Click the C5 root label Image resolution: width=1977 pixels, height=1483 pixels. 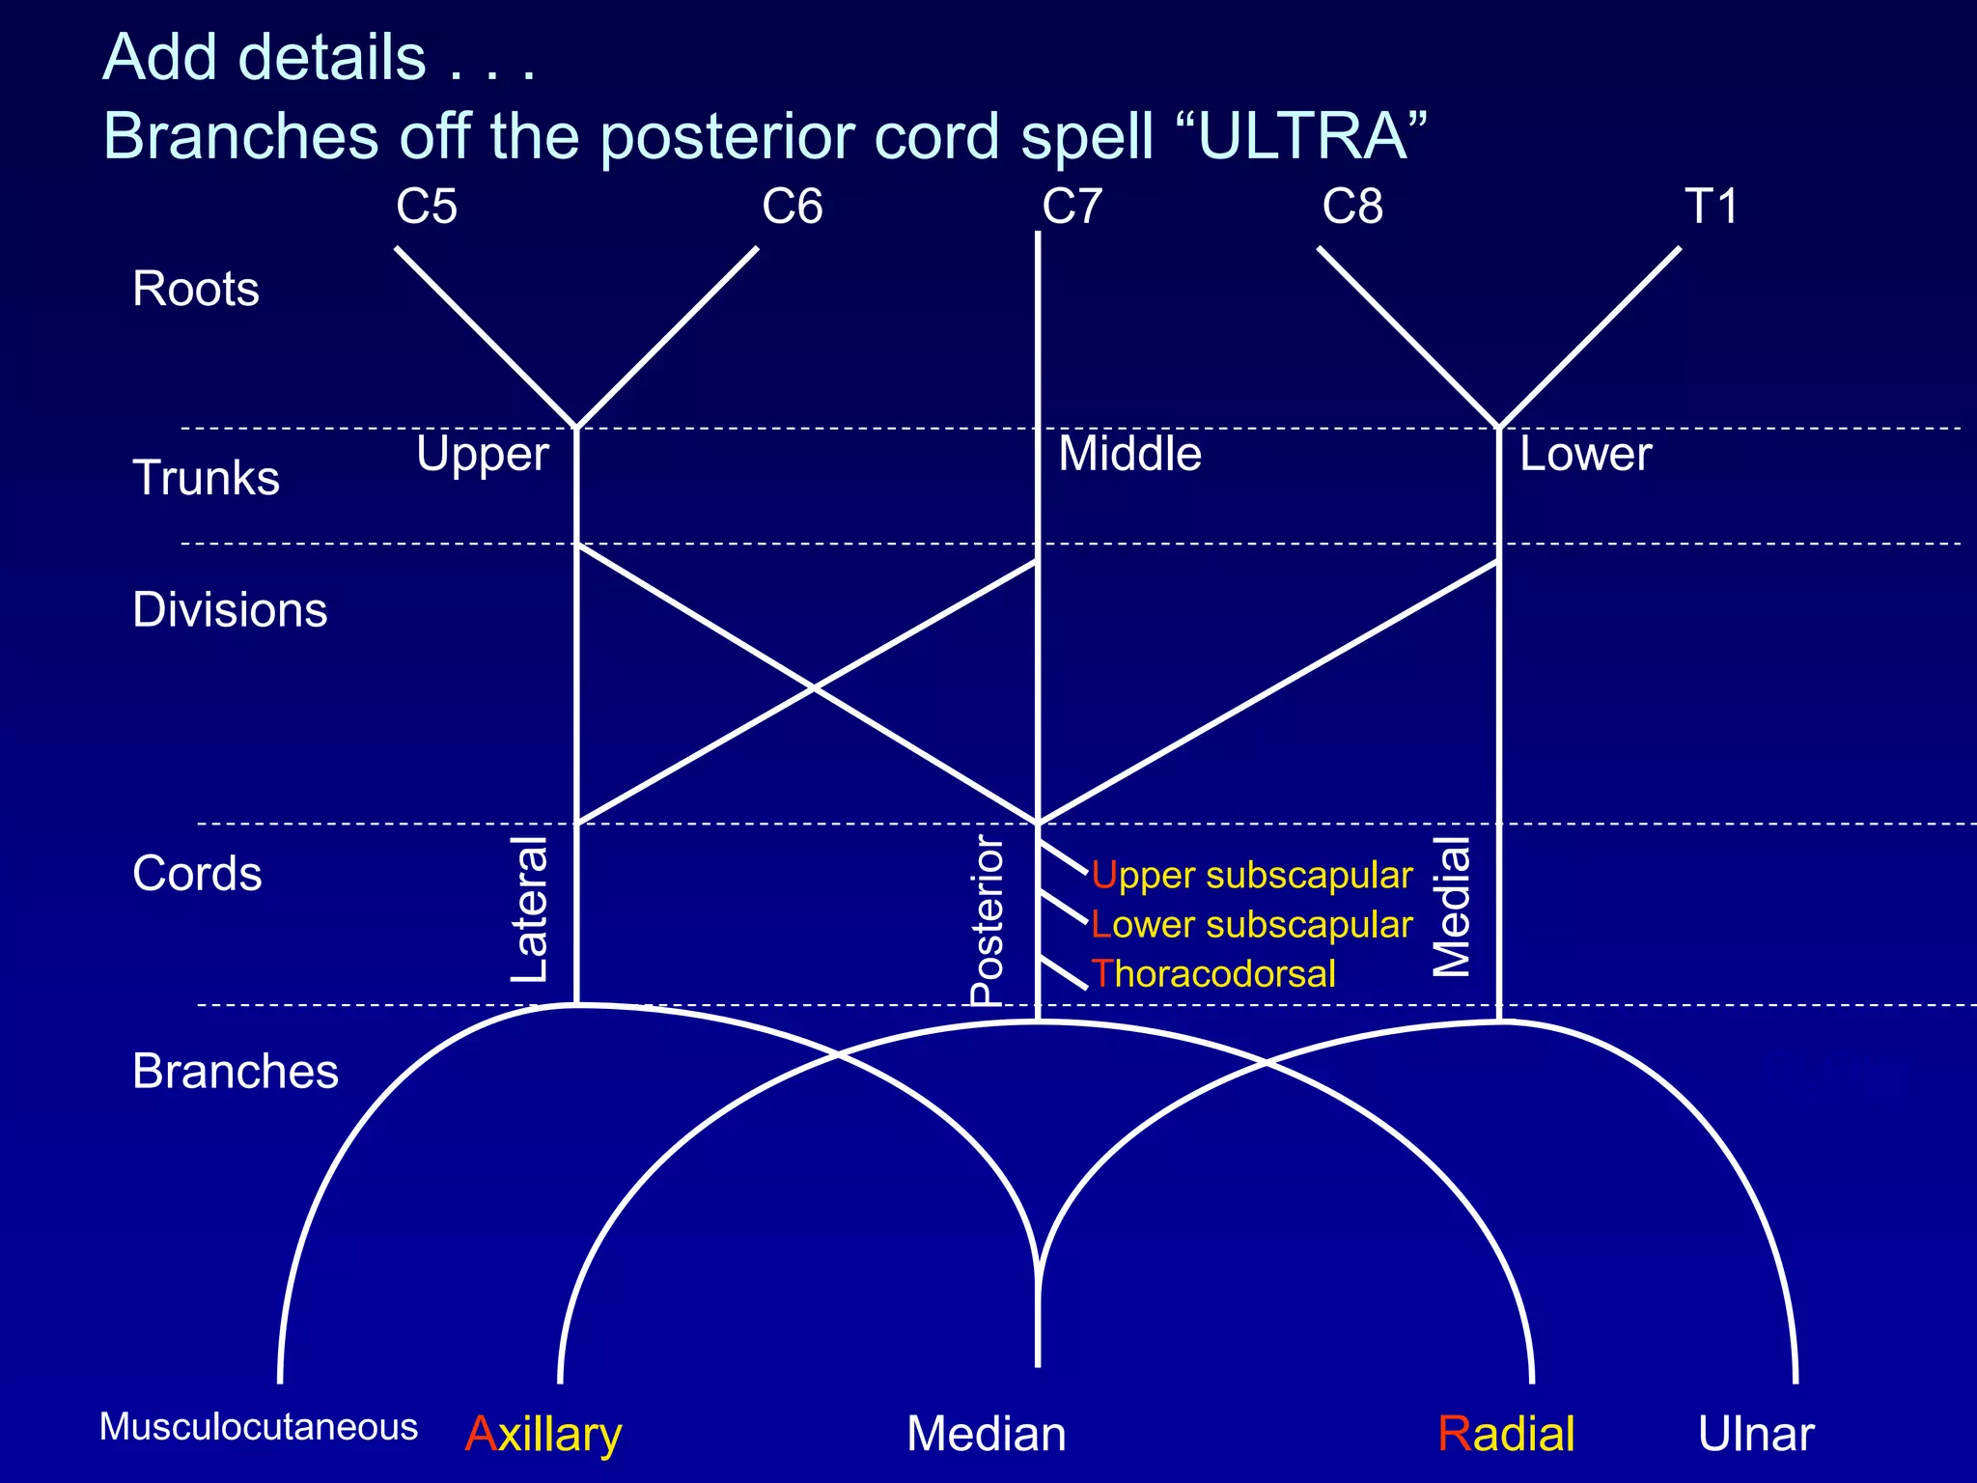tap(426, 207)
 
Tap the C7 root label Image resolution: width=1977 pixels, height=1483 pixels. tap(1072, 207)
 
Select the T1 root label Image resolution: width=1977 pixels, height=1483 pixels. tap(1711, 207)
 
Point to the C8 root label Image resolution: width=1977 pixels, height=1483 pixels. tap(1351, 207)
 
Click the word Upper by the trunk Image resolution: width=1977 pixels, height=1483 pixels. tap(482, 455)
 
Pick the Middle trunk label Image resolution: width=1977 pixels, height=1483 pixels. tap(1129, 454)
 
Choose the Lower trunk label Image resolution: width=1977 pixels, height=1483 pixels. tap(1585, 454)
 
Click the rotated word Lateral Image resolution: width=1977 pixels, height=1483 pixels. tap(529, 909)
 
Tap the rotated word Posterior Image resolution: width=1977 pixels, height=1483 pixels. tap(987, 920)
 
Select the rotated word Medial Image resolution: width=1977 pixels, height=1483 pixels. tap(1451, 907)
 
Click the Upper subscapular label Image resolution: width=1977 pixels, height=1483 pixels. tap(1252, 876)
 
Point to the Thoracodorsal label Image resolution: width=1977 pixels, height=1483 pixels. tap(1213, 974)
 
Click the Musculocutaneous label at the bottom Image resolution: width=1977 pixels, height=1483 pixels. tap(259, 1427)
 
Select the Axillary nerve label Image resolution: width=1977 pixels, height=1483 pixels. tap(543, 1435)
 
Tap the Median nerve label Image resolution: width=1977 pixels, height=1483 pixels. tap(986, 1434)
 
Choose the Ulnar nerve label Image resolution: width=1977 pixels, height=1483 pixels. tap(1755, 1434)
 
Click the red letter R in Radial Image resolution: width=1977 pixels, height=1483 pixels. tap(1453, 1434)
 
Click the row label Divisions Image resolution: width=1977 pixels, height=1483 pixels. tap(230, 610)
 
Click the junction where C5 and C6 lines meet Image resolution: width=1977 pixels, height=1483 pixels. tap(576, 427)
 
